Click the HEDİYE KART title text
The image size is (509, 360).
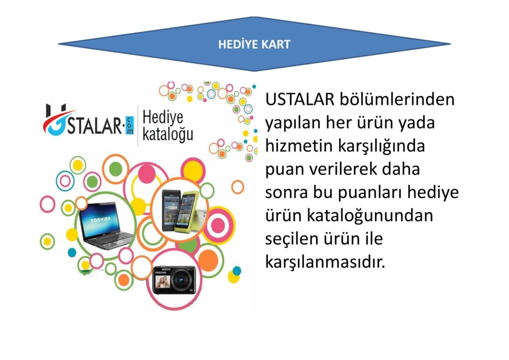coord(254,44)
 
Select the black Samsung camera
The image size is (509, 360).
coord(174,279)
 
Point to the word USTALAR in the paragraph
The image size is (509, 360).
coord(300,99)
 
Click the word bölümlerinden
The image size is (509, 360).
coord(397,99)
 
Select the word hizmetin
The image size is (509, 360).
coord(299,145)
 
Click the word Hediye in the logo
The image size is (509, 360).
coord(163,117)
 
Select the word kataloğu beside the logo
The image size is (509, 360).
coord(168,135)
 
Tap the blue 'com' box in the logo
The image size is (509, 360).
coord(129,126)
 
